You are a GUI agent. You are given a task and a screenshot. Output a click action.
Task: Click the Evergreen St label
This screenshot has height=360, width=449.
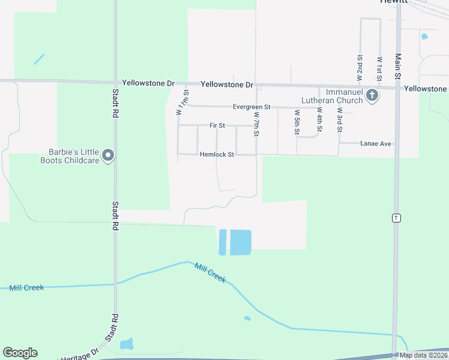(252, 107)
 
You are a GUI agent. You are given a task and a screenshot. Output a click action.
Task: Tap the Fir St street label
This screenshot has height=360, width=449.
(217, 125)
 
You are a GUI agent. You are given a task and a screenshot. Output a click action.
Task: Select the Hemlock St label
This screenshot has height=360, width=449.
(217, 154)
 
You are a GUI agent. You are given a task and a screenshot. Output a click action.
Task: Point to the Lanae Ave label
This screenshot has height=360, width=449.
(376, 144)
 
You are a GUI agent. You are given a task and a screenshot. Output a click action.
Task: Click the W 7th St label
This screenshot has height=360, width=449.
(256, 124)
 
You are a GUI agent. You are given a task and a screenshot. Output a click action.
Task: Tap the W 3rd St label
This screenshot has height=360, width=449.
(340, 119)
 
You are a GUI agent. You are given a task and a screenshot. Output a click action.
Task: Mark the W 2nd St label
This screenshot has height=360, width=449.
(360, 67)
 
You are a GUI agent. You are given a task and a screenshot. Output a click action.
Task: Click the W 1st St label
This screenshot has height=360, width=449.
(380, 67)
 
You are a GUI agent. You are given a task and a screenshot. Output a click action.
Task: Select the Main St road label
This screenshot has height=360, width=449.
(398, 66)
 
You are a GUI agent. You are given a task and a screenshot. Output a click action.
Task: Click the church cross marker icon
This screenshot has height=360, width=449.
(372, 95)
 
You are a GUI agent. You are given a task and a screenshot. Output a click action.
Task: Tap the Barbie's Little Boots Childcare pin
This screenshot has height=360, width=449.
(109, 156)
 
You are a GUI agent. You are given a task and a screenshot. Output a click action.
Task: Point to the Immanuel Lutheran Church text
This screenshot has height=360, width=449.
(336, 96)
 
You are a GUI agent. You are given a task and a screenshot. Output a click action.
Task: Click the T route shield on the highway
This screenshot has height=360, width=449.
(396, 217)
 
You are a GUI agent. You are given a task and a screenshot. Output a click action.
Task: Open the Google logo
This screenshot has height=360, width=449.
(20, 353)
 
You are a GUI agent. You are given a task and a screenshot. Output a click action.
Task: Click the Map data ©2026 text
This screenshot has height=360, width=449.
(424, 355)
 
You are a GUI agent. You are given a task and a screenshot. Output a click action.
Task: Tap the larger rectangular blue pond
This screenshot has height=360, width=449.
(241, 242)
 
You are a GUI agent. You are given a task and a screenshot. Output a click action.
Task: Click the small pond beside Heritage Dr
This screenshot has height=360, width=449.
(127, 344)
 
